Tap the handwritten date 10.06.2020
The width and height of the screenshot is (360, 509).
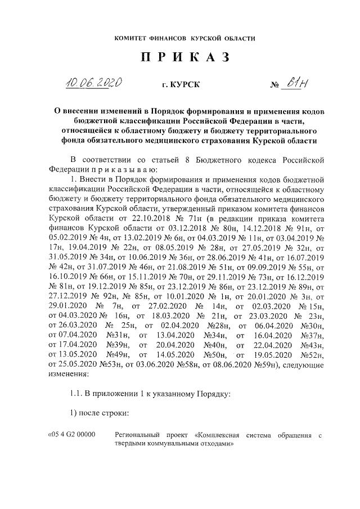point(94,84)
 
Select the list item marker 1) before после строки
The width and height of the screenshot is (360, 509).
point(72,413)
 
